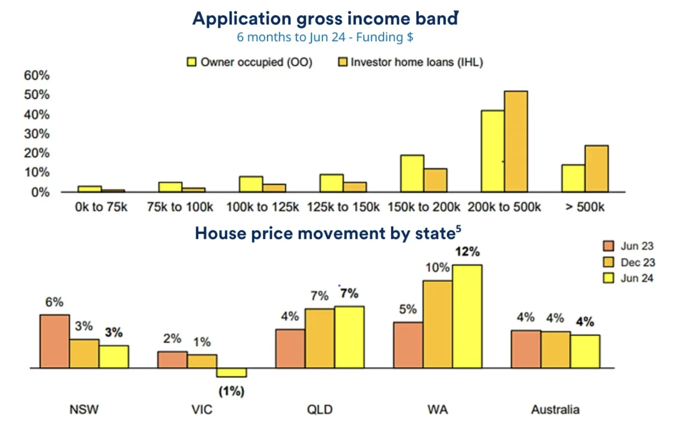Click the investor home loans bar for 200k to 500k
(516, 141)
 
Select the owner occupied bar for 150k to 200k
(412, 173)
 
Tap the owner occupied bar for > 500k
(573, 178)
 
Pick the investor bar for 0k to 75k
(113, 191)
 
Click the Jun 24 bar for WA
(467, 316)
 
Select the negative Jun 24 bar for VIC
(231, 372)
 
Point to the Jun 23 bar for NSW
(55, 341)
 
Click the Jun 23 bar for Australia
(526, 349)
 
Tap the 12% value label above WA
(467, 252)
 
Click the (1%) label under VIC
(231, 391)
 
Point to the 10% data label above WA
(437, 267)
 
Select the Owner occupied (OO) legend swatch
(192, 62)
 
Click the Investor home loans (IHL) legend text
(417, 62)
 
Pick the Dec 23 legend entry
(629, 262)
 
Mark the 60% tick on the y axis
(37, 75)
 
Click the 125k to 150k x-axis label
(343, 207)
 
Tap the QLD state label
(320, 410)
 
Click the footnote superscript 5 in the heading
(458, 229)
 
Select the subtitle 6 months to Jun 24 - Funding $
(325, 37)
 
